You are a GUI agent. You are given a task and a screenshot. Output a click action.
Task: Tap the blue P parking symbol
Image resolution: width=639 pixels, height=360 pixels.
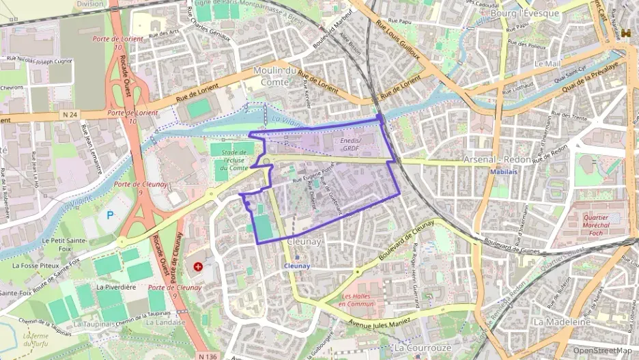coord(111,215)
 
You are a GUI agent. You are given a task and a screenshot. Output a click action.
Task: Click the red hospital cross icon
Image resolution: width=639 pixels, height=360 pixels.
coord(198,266)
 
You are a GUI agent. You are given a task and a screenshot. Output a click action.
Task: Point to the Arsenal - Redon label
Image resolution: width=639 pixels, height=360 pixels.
coord(496,158)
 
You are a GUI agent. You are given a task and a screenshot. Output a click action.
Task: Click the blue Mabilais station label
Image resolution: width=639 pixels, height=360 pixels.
coord(503,171)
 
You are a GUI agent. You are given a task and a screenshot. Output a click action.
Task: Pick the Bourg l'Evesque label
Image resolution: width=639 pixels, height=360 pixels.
coord(530,13)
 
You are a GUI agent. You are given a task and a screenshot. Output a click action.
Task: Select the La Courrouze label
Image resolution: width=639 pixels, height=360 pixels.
coord(424,348)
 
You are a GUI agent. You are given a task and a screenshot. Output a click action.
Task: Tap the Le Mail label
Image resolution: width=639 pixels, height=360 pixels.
coord(548,64)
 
